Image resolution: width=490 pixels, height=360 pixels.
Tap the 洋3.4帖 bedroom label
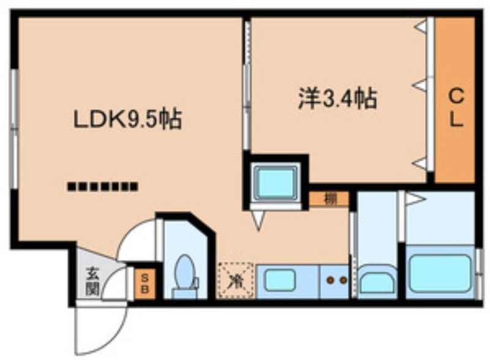click(337, 99)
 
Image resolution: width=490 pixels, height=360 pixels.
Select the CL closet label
click(456, 108)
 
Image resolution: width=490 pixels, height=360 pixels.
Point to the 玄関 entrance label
click(92, 281)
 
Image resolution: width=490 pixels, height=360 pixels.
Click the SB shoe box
click(145, 283)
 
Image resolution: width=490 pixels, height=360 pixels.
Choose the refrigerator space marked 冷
click(236, 280)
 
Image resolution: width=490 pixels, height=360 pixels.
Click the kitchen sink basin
click(280, 280)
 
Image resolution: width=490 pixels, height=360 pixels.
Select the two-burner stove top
click(337, 280)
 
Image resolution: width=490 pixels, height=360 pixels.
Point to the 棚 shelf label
click(329, 199)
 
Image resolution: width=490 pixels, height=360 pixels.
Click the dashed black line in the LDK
click(103, 186)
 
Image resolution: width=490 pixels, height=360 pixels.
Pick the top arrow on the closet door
click(421, 26)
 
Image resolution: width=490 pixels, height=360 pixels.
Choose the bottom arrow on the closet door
click(420, 163)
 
